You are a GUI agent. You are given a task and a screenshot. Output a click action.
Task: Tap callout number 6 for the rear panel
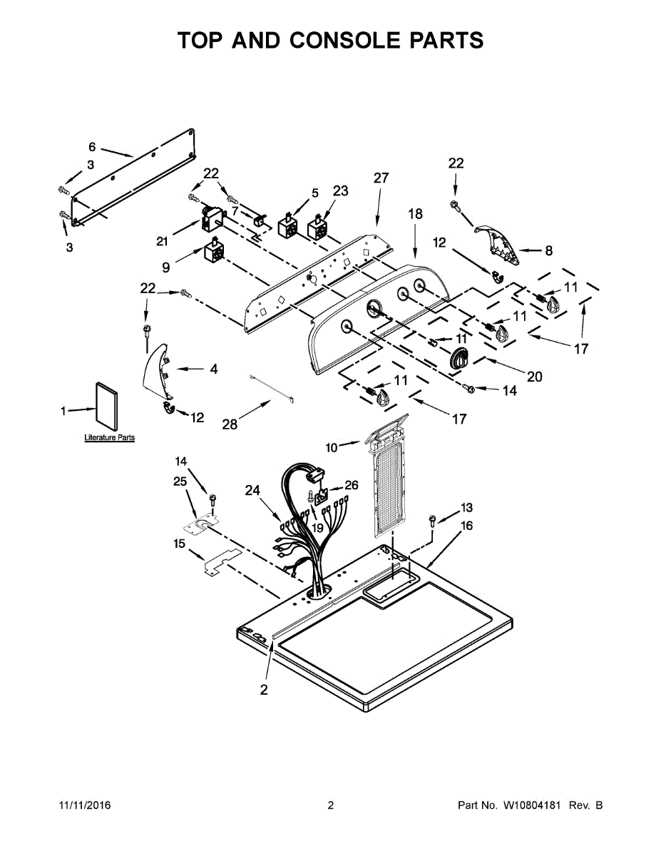(92, 147)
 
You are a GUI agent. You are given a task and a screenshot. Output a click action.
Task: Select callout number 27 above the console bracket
(381, 178)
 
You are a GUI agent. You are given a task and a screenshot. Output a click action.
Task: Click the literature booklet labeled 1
(106, 405)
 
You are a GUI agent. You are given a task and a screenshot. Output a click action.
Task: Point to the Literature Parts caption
(109, 438)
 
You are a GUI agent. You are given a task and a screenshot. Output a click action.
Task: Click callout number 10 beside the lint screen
(332, 448)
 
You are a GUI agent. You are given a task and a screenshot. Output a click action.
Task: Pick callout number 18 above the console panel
(415, 214)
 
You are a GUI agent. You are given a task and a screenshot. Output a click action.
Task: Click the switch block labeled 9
(214, 250)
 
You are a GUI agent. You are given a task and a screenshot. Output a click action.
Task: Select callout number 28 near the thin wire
(230, 424)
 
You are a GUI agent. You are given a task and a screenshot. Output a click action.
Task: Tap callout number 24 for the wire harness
(252, 490)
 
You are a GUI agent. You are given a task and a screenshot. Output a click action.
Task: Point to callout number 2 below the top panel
(263, 689)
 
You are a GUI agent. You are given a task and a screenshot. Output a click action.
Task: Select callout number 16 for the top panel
(466, 526)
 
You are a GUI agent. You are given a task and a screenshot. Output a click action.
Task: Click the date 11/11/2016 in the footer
(86, 805)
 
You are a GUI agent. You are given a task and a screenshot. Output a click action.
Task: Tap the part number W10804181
(531, 805)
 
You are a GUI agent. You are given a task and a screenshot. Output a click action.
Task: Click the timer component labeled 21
(211, 220)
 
